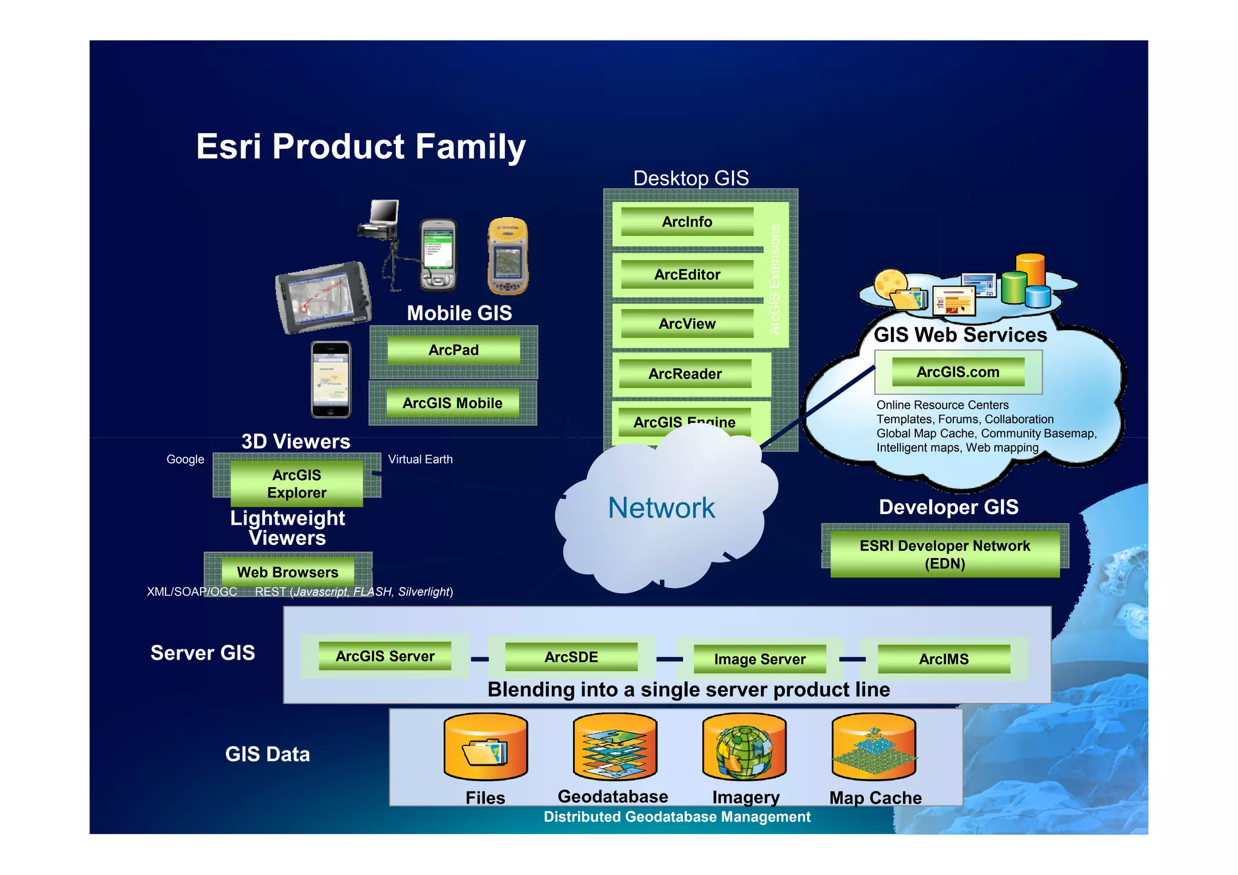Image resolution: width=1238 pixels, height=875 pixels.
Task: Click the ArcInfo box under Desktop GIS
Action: coord(687,222)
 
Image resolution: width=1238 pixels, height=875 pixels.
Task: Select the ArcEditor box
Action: coord(687,275)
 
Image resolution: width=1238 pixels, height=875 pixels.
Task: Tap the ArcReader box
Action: coord(685,374)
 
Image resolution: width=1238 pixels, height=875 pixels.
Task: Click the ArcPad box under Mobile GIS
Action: coord(453,350)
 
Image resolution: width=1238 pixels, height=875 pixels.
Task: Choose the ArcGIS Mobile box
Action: coord(452,403)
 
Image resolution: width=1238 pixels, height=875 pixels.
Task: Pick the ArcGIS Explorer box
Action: coord(296,484)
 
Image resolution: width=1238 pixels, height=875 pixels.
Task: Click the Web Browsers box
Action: coord(287,572)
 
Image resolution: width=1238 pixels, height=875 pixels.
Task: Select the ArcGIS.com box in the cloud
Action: coord(958,372)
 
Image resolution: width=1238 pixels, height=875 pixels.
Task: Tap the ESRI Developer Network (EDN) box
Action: coord(944,554)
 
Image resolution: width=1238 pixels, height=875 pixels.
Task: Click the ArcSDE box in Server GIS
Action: coord(571,657)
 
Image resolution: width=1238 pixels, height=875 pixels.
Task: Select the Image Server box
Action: coord(759,659)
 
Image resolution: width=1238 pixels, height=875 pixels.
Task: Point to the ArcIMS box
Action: coord(943,659)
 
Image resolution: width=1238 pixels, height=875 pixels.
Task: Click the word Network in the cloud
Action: coord(661,508)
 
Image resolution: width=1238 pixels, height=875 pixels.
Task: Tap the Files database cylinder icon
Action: coord(485,747)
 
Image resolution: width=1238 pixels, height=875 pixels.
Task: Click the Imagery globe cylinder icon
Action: coord(744,747)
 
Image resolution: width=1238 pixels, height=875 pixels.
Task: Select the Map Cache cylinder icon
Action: coord(873,747)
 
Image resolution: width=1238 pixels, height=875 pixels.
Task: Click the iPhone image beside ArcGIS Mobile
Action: coord(331,380)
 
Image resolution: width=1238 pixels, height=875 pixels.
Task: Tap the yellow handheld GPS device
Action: coord(508,256)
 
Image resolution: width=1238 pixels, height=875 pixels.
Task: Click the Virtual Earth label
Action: coord(420,460)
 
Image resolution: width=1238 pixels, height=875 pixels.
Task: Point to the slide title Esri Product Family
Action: coord(361,147)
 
